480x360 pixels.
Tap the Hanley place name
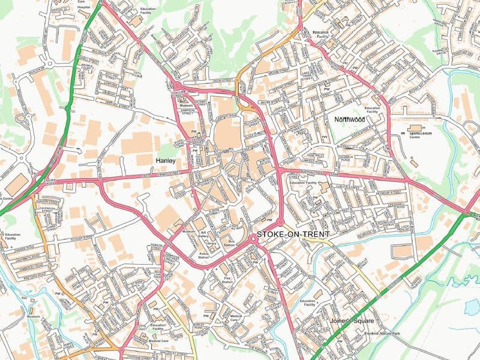[166, 161]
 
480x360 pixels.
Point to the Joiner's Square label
[352, 321]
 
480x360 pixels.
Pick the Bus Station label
[228, 244]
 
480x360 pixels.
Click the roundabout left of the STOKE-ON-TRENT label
[253, 239]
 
